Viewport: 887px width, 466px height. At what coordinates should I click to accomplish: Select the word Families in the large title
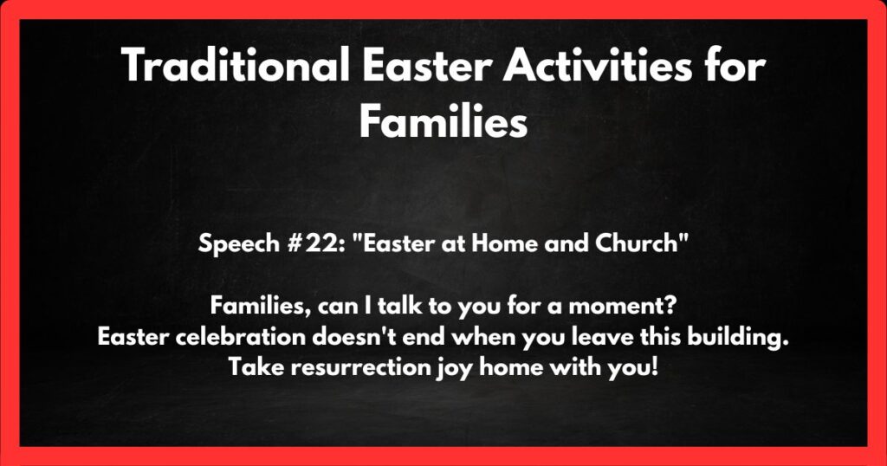pos(443,122)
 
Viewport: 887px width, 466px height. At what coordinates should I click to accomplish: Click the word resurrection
pos(351,366)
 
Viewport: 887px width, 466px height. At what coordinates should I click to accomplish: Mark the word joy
pos(445,367)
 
